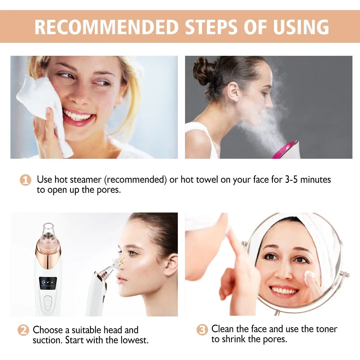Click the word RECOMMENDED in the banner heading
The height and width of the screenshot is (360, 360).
[107, 27]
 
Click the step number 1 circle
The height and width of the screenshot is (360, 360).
[25, 180]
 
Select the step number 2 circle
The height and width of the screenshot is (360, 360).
[23, 330]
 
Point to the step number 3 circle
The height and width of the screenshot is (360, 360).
[202, 329]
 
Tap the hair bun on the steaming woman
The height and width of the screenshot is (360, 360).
[202, 70]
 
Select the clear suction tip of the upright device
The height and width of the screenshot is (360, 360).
[48, 232]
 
